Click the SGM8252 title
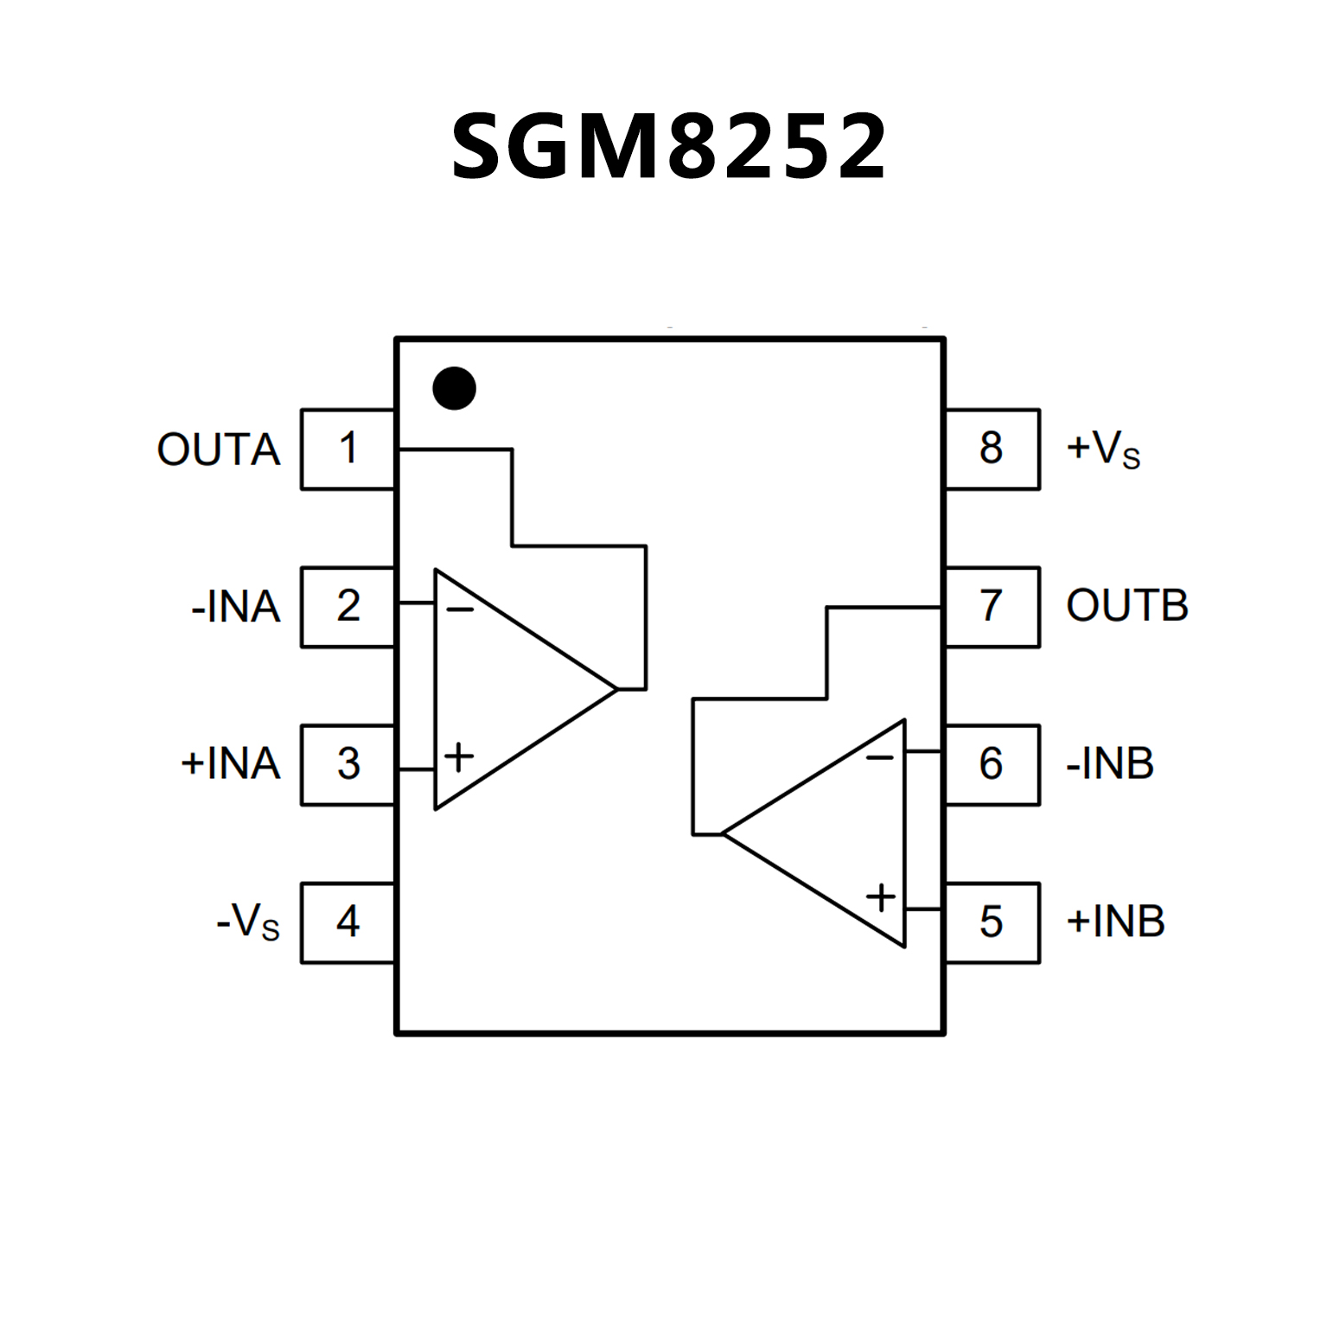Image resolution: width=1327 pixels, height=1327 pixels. click(x=668, y=147)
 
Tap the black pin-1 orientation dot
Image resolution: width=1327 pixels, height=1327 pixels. click(x=454, y=388)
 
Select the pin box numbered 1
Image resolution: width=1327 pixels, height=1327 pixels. click(x=348, y=449)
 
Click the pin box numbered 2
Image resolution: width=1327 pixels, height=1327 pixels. click(x=348, y=606)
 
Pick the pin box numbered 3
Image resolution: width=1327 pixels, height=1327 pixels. click(x=348, y=764)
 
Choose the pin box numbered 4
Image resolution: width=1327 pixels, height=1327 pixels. click(x=348, y=922)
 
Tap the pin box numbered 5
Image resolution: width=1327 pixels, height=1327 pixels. click(x=992, y=922)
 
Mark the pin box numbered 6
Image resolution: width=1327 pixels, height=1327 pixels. click(x=992, y=764)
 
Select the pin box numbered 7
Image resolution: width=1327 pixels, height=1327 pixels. click(x=992, y=606)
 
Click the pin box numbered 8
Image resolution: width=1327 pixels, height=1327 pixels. click(x=992, y=449)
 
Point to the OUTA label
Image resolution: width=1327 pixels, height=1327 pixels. click(x=219, y=450)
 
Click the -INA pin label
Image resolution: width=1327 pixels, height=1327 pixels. click(x=235, y=607)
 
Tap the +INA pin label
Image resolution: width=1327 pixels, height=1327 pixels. click(x=230, y=764)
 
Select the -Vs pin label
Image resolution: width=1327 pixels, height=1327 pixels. click(x=248, y=922)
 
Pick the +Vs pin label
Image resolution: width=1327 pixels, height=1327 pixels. click(x=1103, y=450)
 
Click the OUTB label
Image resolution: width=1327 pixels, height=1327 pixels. click(x=1127, y=606)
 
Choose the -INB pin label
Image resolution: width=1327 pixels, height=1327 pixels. click(x=1110, y=764)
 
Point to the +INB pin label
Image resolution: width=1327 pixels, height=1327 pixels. click(x=1115, y=922)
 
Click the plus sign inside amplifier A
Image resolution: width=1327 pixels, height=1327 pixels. click(x=459, y=757)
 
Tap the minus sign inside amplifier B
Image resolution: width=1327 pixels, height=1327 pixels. click(x=880, y=758)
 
